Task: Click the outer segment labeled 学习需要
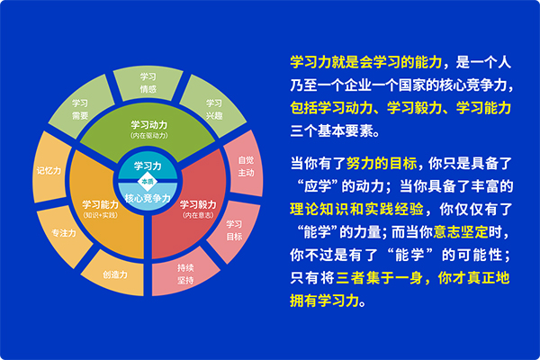coord(80,110)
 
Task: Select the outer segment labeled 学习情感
coord(149,82)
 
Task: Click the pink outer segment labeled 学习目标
coord(234,229)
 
